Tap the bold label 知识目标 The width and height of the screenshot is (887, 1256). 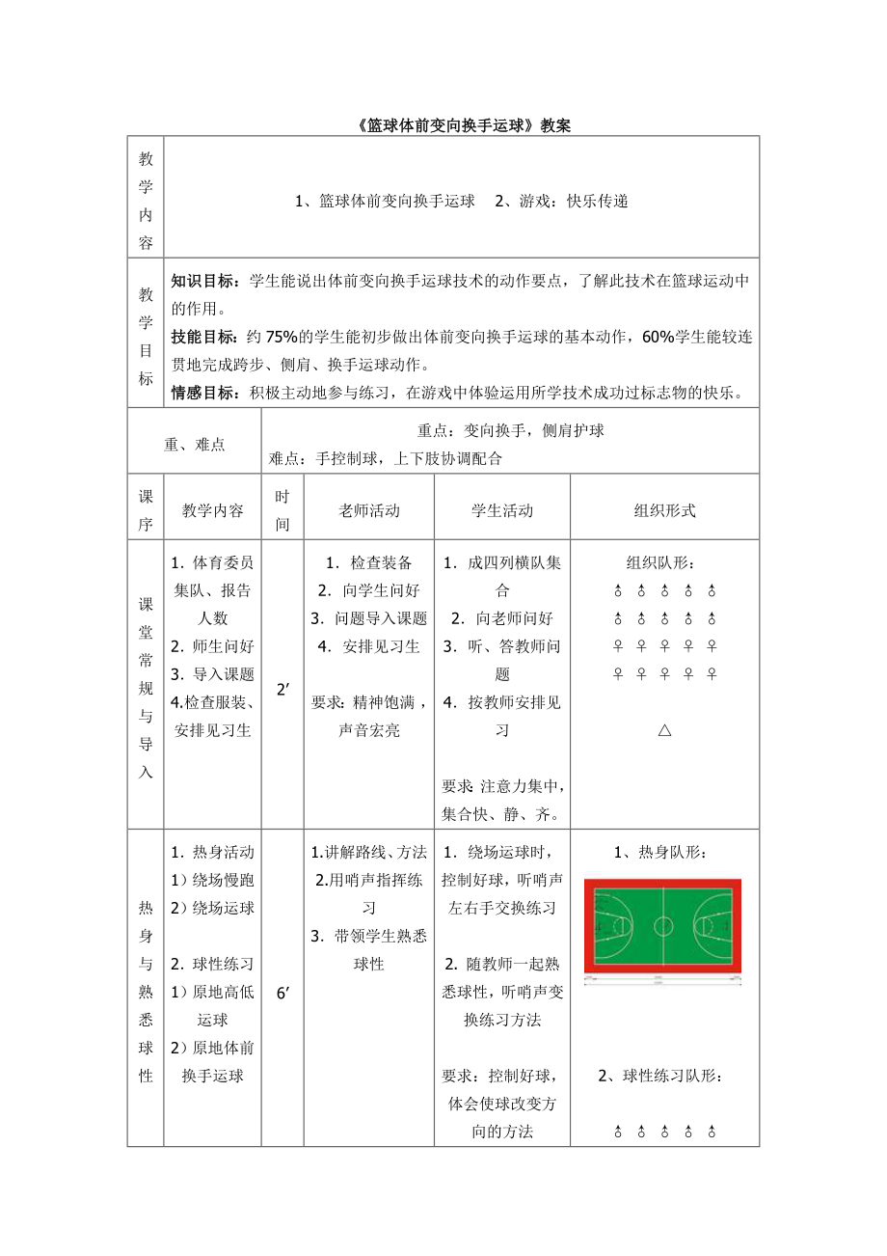(205, 282)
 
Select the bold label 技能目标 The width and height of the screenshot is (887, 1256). (205, 338)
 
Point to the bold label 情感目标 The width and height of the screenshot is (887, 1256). (205, 393)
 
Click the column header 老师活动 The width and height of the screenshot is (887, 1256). (369, 511)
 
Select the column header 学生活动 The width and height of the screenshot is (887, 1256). (501, 511)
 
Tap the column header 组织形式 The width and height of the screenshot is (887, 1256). (664, 511)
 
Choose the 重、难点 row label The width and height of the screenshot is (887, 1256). (194, 445)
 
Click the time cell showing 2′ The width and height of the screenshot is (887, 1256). (283, 689)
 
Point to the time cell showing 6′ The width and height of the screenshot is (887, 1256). (283, 993)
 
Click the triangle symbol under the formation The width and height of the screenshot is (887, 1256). (664, 730)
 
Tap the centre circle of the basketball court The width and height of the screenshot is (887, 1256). (663, 926)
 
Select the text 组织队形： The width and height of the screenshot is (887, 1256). (664, 562)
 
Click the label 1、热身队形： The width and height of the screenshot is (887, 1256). (664, 853)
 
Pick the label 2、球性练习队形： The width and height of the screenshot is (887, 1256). (664, 1077)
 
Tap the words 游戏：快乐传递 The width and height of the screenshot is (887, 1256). (561, 202)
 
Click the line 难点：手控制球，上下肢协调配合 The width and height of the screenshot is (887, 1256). (387, 459)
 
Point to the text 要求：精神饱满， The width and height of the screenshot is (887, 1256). (368, 702)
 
